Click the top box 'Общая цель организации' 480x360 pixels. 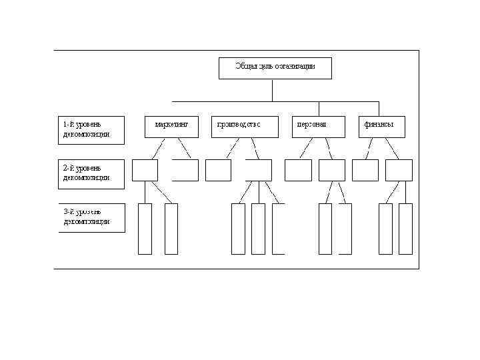pos(275,68)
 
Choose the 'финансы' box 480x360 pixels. pos(381,127)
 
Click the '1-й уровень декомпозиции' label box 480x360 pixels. pos(91,130)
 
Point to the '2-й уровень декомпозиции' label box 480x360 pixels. pos(91,173)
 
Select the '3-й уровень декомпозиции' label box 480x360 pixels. pos(91,217)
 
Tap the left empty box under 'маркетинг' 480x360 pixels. pos(145,170)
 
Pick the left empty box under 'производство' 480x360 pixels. pos(218,170)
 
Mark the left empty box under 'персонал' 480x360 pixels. pos(298,170)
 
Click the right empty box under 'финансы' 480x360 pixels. pos(399,170)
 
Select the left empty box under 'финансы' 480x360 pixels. pos(365,170)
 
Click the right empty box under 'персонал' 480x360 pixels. pos(331,170)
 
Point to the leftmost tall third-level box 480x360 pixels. pos(145,229)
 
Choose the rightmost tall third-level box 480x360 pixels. pos(405,229)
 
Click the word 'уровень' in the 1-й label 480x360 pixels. pos(88,125)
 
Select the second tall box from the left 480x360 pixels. pos(171,229)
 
